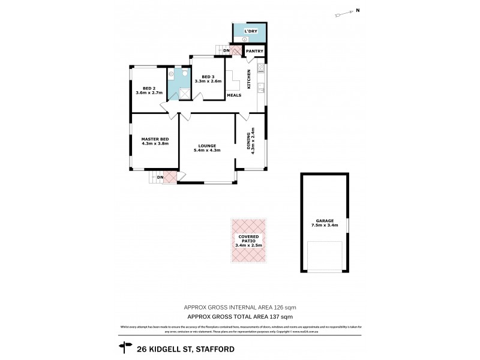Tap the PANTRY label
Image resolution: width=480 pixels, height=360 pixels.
pos(255,52)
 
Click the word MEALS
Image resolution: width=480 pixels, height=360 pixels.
pos(234,95)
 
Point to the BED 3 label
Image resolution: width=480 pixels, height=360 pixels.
pos(208,77)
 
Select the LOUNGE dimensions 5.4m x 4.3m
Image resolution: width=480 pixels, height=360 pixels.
pos(207,150)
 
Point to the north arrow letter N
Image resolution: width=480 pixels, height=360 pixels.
pos(358,10)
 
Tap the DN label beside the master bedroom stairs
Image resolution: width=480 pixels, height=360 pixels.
pos(160,177)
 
